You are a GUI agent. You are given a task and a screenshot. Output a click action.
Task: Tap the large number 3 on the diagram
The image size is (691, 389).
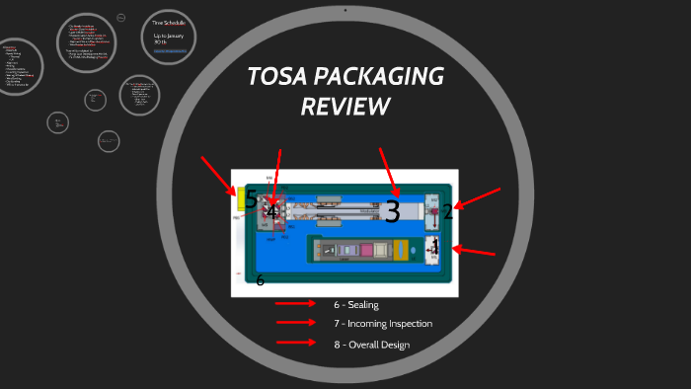click(392, 211)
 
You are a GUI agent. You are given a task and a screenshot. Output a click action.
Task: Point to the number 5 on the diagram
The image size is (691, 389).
click(251, 199)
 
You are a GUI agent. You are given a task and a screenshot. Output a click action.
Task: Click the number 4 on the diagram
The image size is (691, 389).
click(271, 211)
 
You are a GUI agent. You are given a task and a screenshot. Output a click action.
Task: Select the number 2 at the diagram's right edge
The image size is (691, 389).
click(448, 211)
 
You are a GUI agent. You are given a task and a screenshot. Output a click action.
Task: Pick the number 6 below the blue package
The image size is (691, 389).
click(261, 280)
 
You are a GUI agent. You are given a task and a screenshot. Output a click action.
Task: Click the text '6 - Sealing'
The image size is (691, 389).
click(356, 304)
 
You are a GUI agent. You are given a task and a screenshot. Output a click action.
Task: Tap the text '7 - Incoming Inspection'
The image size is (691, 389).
click(382, 323)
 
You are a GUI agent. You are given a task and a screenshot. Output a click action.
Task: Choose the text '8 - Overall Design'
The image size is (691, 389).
click(371, 344)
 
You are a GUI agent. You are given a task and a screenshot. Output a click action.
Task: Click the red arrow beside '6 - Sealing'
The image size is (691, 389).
click(295, 304)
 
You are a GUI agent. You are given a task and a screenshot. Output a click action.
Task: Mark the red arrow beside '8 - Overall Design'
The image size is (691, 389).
click(295, 343)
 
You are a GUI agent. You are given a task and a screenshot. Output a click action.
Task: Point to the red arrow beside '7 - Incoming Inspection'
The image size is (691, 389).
click(295, 323)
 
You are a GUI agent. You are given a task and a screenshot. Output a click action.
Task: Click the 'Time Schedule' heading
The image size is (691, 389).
click(169, 21)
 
